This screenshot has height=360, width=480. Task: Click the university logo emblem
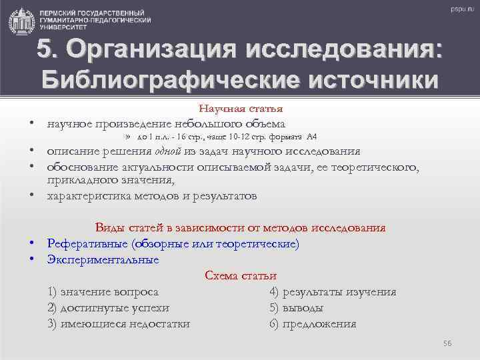(x=22, y=21)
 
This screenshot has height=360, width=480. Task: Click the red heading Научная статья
(x=241, y=108)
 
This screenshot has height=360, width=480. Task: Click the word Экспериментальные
(x=103, y=259)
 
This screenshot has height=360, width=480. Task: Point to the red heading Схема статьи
(x=241, y=276)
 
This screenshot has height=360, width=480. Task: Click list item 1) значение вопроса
(x=103, y=292)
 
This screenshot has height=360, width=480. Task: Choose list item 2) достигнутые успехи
(x=108, y=308)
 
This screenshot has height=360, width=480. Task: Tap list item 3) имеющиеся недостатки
(x=119, y=324)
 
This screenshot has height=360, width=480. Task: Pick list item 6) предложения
(x=313, y=324)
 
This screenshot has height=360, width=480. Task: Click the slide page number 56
(x=447, y=343)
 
